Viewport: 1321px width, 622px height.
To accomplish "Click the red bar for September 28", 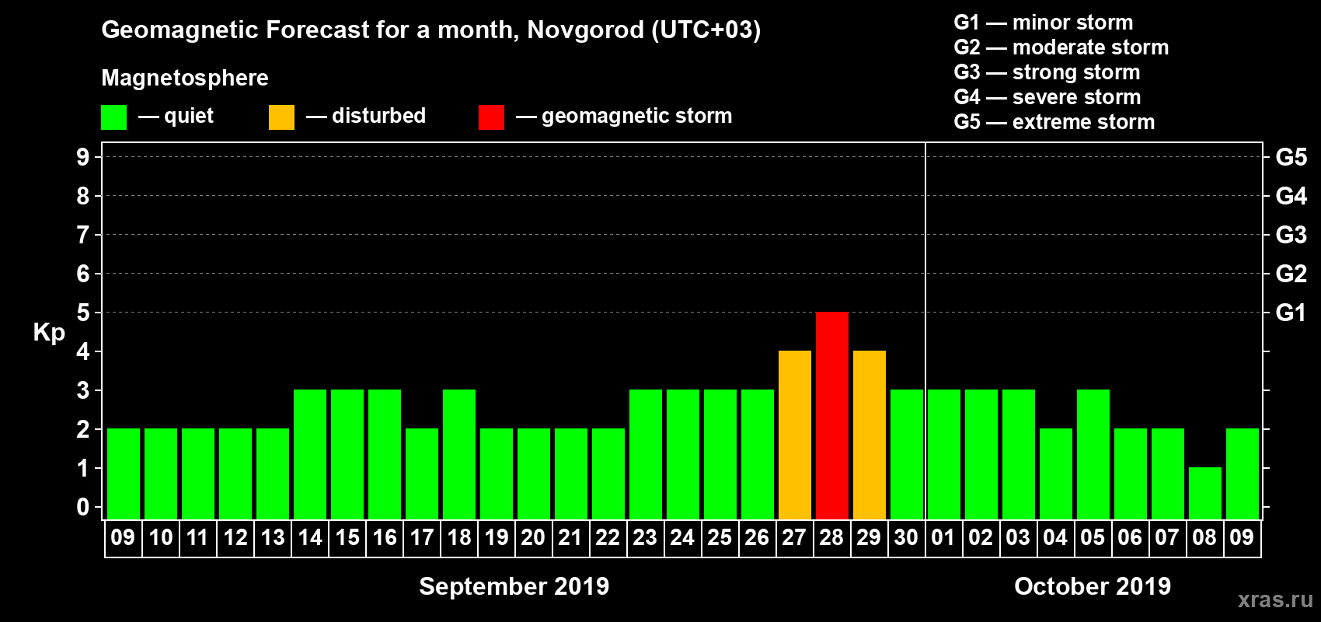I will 831,415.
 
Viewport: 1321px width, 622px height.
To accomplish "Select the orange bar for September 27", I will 794,435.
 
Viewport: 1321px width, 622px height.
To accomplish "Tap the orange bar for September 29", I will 869,435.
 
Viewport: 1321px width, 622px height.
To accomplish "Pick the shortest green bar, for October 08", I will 1204,493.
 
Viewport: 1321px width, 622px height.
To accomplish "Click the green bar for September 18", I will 458,454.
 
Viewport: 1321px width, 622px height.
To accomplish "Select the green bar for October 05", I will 1093,454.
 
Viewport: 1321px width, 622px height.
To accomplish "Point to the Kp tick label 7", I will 83,235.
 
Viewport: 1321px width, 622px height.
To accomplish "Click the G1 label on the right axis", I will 1291,313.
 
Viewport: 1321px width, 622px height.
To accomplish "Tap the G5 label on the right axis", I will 1291,157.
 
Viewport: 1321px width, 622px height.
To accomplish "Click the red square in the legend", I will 491,117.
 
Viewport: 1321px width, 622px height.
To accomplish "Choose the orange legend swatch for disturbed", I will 281,117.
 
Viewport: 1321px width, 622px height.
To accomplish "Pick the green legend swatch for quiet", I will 113,117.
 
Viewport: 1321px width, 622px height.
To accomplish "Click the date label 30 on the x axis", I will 906,537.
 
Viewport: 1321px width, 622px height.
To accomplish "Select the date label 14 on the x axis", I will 310,537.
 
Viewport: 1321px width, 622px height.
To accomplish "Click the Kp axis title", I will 49,332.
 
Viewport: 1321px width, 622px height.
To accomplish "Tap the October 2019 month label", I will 1092,586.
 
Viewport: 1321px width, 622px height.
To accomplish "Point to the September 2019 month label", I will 514,586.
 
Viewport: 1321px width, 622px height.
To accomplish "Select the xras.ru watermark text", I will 1275,599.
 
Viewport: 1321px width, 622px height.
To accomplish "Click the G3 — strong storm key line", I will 1047,72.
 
